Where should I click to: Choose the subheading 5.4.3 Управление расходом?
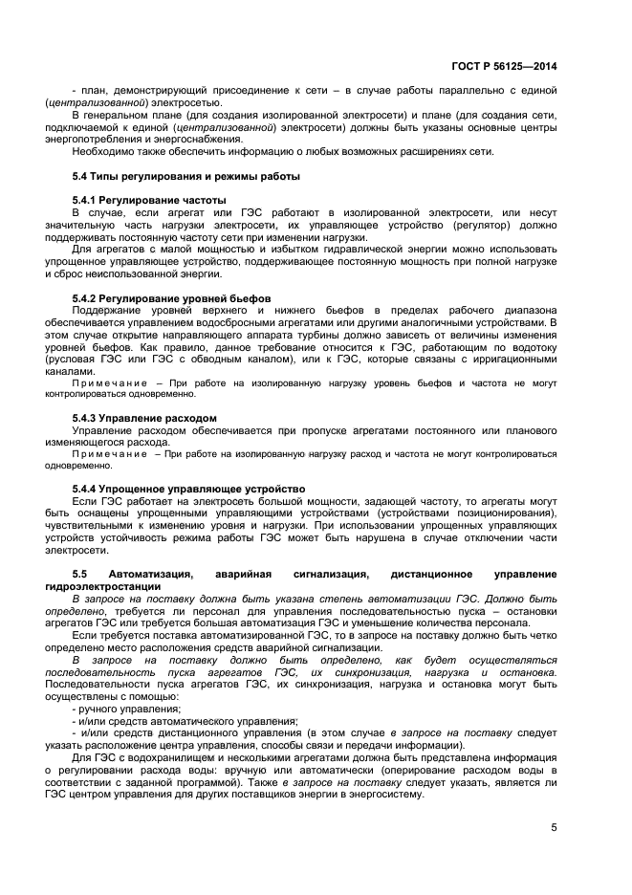144,418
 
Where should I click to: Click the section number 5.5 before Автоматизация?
80,574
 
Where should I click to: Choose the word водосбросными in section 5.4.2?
274,322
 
